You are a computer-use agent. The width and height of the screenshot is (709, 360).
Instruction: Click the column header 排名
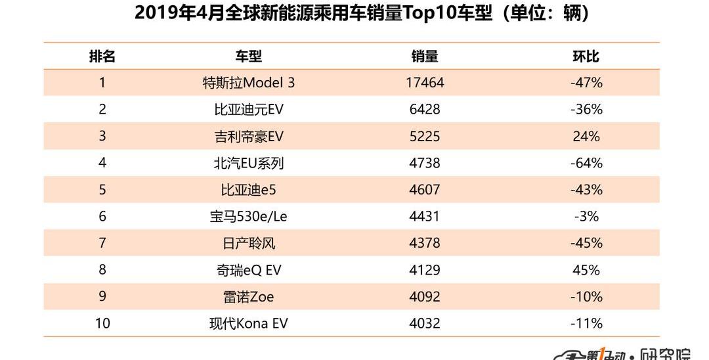pyautogui.click(x=102, y=56)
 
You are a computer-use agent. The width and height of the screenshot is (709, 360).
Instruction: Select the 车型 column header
pyautogui.click(x=248, y=56)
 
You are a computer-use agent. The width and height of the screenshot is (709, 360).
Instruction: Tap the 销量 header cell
pyautogui.click(x=425, y=56)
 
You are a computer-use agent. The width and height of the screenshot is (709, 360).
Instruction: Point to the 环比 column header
pyautogui.click(x=586, y=56)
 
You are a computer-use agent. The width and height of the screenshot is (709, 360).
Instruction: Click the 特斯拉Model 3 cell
pyautogui.click(x=248, y=83)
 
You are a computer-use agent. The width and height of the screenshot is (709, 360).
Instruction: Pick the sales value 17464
pyautogui.click(x=425, y=83)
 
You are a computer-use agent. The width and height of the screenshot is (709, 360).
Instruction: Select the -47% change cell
pyautogui.click(x=586, y=83)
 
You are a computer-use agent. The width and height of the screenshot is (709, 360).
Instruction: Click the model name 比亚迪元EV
pyautogui.click(x=248, y=110)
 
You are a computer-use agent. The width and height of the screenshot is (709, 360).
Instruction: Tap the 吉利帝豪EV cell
pyautogui.click(x=248, y=137)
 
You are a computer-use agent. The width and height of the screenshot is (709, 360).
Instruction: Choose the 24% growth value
pyautogui.click(x=586, y=137)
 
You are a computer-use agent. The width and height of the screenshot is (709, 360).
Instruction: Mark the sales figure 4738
pyautogui.click(x=425, y=163)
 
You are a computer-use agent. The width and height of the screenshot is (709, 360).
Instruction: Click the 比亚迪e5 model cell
pyautogui.click(x=248, y=190)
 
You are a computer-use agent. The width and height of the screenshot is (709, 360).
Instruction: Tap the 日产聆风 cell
pyautogui.click(x=248, y=243)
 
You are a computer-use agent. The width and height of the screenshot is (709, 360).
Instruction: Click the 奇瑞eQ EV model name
pyautogui.click(x=248, y=270)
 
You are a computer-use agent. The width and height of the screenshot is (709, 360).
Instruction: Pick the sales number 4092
pyautogui.click(x=425, y=297)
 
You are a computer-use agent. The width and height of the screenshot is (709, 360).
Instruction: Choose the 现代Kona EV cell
pyautogui.click(x=248, y=323)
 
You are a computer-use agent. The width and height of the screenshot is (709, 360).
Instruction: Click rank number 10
pyautogui.click(x=102, y=323)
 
